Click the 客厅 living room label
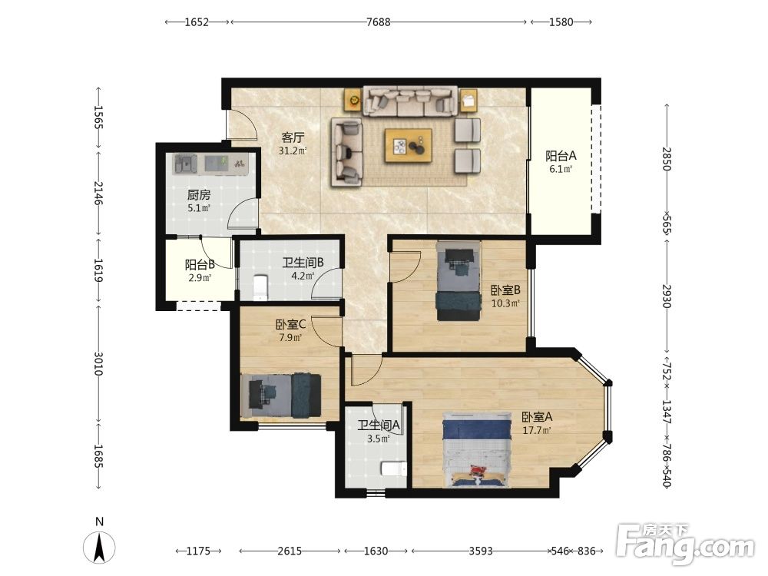(293, 137)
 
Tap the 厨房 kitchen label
(199, 195)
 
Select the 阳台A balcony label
(561, 156)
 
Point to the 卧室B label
(505, 290)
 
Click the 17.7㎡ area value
(537, 431)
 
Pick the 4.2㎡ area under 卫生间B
(303, 276)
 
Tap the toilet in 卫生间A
(394, 468)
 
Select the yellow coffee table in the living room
(409, 145)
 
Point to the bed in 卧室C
(281, 396)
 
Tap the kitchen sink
(185, 164)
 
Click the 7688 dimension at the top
(379, 22)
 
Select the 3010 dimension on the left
(99, 363)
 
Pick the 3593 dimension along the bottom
(481, 551)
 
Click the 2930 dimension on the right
(666, 296)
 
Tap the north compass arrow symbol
(99, 547)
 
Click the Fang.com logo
(686, 545)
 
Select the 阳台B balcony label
(200, 265)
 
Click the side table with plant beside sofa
(353, 101)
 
